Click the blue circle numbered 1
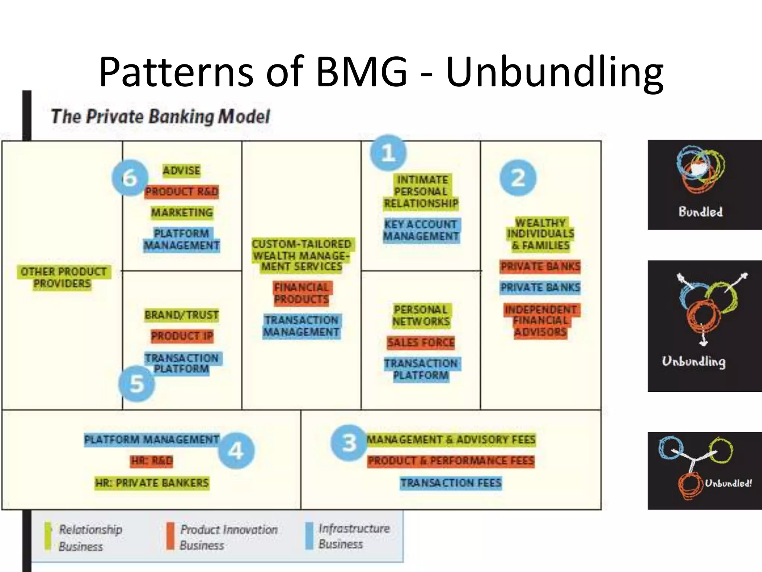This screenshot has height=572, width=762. [388, 153]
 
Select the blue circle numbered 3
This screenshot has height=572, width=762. [349, 443]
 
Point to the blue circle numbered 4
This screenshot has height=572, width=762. [236, 450]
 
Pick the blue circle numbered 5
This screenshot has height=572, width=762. [137, 383]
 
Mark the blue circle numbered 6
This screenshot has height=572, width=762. [129, 178]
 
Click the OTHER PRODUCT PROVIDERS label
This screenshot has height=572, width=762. [63, 277]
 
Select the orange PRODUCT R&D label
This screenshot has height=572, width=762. [182, 191]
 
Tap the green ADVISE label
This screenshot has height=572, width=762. [182, 171]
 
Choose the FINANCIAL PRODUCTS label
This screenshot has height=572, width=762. [302, 293]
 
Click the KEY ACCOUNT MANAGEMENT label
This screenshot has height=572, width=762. [421, 230]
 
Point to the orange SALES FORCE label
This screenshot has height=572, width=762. [421, 342]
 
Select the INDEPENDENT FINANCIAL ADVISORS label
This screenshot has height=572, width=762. [541, 321]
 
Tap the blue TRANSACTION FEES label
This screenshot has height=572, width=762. [451, 483]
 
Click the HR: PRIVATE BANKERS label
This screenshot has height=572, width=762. [152, 483]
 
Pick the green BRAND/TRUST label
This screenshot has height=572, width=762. [182, 315]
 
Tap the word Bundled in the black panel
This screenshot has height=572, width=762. [700, 212]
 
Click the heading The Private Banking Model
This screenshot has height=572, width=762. [160, 117]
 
